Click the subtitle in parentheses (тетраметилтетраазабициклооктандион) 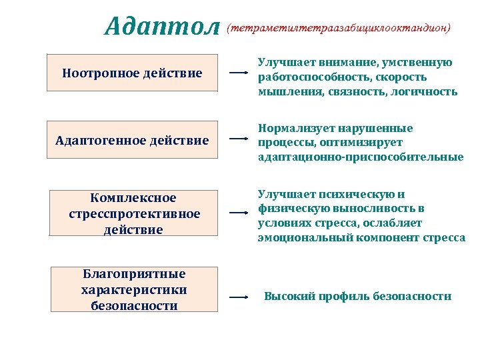[339, 29]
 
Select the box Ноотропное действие [132, 73]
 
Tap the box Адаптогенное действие [132, 140]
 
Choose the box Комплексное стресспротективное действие [134, 213]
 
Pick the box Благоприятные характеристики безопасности [134, 290]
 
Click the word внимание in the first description [346, 62]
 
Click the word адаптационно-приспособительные [360, 157]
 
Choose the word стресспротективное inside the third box [134, 214]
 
